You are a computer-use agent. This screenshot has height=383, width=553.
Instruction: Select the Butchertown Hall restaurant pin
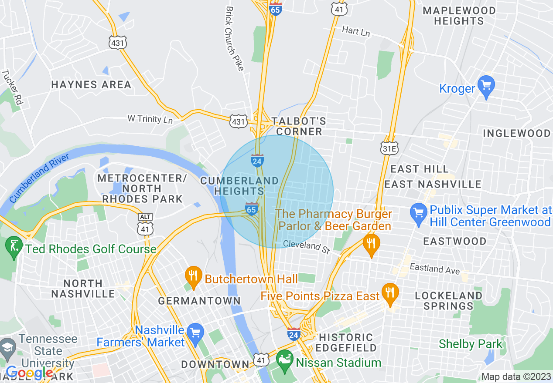point(193,275)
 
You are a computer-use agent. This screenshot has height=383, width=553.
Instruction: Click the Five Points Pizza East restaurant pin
point(389,292)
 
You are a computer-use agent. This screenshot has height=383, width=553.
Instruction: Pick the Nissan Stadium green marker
point(284,359)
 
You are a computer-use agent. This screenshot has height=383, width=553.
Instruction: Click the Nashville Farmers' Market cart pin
point(195,333)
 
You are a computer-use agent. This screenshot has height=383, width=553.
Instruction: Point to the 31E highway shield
point(389,148)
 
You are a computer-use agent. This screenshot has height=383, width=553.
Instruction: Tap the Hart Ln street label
point(356,31)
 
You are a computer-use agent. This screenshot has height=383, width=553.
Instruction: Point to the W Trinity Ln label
point(150,119)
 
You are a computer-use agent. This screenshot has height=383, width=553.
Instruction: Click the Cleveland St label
point(306,246)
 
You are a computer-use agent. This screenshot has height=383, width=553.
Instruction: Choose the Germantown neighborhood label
point(199,301)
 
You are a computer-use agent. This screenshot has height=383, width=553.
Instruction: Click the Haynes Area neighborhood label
point(91,84)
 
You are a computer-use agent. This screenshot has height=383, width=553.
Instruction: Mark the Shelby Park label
point(471,344)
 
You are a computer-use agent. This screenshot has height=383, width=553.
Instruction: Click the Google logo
point(29,373)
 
